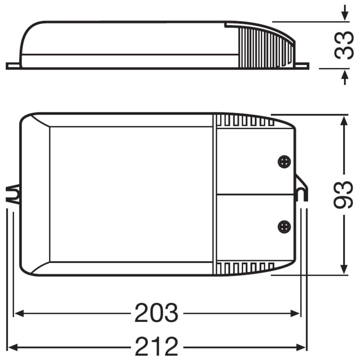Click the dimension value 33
(x=344, y=45)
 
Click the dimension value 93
(x=343, y=195)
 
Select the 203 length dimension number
(x=156, y=313)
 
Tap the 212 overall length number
(x=157, y=347)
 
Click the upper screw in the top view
(x=284, y=162)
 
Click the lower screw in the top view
(x=284, y=227)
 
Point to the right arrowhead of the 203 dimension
(x=295, y=313)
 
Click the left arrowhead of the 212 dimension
(x=13, y=347)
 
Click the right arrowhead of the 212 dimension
(x=301, y=347)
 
